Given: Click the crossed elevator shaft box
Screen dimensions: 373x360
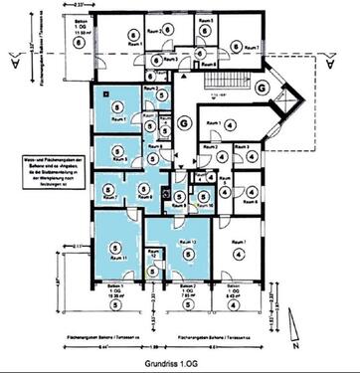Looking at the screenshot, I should [x=165, y=196].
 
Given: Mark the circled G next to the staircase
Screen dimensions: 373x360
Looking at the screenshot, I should [x=262, y=87].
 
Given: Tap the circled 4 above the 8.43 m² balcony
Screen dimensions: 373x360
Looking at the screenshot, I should [x=236, y=255].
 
